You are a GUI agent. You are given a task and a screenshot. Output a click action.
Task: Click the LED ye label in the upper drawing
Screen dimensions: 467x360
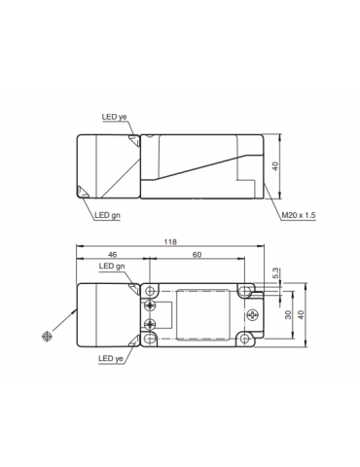115,118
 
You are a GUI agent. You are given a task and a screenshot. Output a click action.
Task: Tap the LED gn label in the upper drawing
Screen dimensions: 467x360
107,216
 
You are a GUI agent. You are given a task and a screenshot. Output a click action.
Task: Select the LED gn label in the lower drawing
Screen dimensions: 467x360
113,266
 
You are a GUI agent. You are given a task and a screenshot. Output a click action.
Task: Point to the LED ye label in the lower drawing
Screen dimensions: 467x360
113,358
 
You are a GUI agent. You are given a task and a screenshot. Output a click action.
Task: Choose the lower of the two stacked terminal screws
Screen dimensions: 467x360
150,323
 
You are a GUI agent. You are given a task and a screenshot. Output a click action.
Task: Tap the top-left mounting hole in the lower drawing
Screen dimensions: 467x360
150,290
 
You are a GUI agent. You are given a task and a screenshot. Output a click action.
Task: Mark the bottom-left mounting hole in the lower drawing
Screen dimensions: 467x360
150,340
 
